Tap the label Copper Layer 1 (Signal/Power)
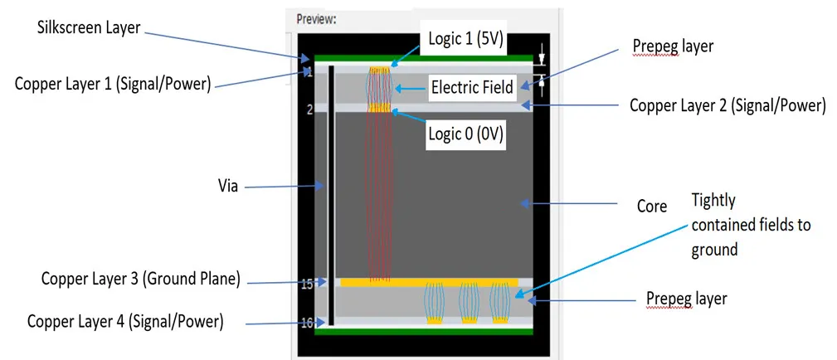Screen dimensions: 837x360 click(x=110, y=84)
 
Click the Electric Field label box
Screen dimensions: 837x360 click(x=472, y=87)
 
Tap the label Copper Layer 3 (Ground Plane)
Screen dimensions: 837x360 click(x=140, y=279)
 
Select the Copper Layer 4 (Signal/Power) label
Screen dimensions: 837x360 click(x=125, y=322)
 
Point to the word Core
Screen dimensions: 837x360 click(x=652, y=207)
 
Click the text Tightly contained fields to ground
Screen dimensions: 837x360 click(x=751, y=225)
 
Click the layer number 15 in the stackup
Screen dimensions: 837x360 click(x=307, y=285)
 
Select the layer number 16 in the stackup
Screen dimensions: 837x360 click(x=307, y=324)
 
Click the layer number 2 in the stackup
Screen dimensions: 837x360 click(x=309, y=109)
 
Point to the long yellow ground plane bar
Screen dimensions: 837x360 click(x=429, y=282)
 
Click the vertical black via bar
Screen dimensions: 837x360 click(x=332, y=196)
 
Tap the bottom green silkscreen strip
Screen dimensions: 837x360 click(x=424, y=332)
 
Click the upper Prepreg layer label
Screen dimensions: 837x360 click(x=673, y=47)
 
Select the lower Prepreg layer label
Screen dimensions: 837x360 click(x=687, y=299)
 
